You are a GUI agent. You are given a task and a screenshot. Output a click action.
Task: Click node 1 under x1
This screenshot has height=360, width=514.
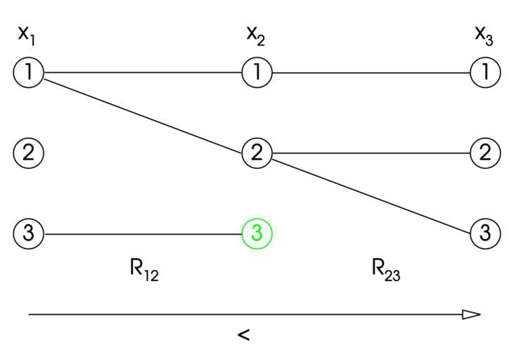[29, 72]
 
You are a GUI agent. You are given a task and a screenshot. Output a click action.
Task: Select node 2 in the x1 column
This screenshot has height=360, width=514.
[29, 153]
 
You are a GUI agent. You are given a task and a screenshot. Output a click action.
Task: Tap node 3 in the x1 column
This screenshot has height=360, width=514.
[29, 233]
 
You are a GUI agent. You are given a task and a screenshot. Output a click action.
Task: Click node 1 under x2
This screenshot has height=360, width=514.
[257, 72]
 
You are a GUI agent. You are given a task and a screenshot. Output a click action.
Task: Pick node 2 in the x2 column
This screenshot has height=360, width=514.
[257, 153]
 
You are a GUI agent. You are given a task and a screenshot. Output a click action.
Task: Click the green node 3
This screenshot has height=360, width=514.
[257, 233]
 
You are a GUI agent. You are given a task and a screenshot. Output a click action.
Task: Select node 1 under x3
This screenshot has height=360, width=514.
[484, 72]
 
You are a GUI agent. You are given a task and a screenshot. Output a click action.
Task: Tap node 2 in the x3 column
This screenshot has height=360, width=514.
[484, 153]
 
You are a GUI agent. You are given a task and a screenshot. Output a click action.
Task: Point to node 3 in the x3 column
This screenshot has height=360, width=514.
[484, 233]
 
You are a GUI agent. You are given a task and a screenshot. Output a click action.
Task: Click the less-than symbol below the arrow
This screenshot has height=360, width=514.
[243, 335]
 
